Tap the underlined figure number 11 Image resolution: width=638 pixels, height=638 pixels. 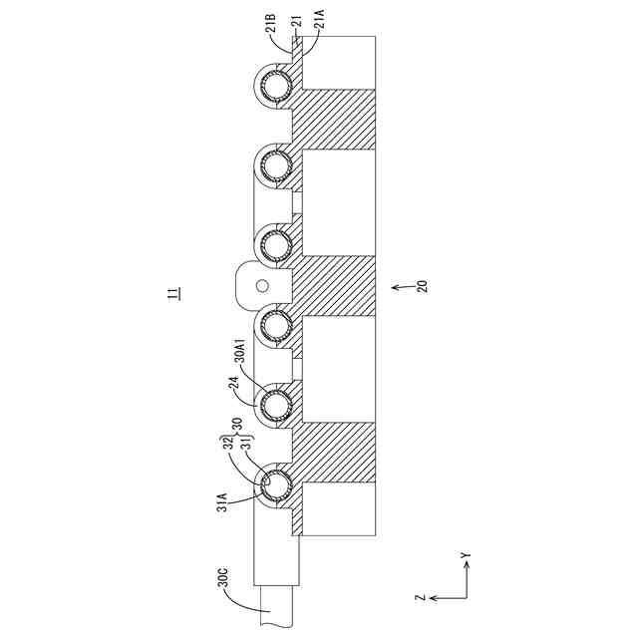[x=173, y=294]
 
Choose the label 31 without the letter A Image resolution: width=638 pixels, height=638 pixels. [x=239, y=441]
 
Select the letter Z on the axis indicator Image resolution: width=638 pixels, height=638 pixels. [x=422, y=598]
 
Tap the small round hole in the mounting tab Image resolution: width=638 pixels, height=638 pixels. [x=262, y=286]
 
